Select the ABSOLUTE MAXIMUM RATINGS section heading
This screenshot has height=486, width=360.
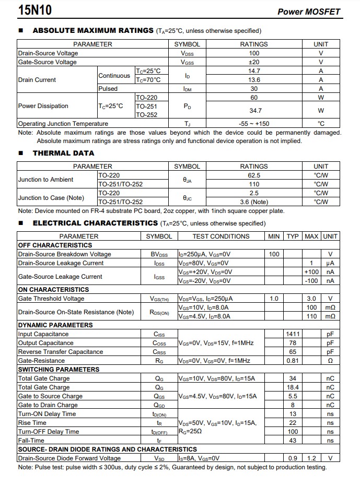click(x=93, y=31)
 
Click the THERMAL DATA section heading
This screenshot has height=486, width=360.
click(x=63, y=153)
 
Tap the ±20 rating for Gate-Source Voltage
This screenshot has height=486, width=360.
click(x=254, y=62)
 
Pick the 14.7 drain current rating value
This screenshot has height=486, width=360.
click(x=254, y=71)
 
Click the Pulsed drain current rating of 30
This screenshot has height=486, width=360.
click(x=254, y=89)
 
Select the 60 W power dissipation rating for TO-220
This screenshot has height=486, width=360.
click(x=254, y=98)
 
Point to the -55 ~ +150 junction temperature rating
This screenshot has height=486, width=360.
click(x=254, y=124)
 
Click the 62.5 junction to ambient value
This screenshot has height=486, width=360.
click(x=254, y=175)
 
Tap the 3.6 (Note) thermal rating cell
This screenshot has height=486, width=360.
click(x=254, y=202)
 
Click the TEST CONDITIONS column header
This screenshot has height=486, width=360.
click(x=221, y=236)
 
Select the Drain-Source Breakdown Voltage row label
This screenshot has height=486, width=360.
click(x=65, y=254)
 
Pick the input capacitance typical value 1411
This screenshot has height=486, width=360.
click(x=293, y=334)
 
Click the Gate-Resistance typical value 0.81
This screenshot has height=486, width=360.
click(x=293, y=361)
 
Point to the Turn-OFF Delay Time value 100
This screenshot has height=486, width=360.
click(x=293, y=432)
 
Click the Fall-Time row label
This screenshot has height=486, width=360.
click(x=31, y=441)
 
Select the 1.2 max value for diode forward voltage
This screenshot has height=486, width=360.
click(x=311, y=458)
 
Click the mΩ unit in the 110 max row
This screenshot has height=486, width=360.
click(x=330, y=316)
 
